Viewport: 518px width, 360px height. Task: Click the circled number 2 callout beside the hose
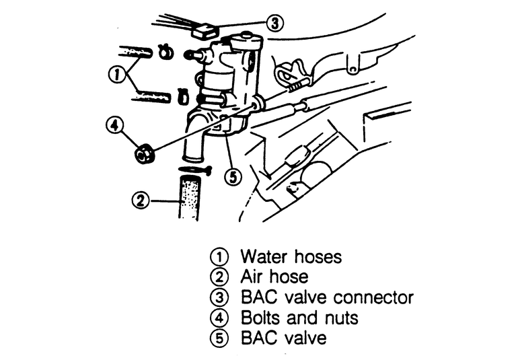[x=141, y=200]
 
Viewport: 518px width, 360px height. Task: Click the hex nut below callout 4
[x=143, y=154]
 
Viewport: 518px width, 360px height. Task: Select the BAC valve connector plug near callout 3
[x=203, y=31]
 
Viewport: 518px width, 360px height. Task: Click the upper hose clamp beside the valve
[x=163, y=51]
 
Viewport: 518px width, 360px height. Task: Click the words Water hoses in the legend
[x=291, y=256]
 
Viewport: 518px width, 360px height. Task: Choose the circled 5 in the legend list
[x=219, y=338]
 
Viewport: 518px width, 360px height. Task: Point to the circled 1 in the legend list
[x=219, y=257]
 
